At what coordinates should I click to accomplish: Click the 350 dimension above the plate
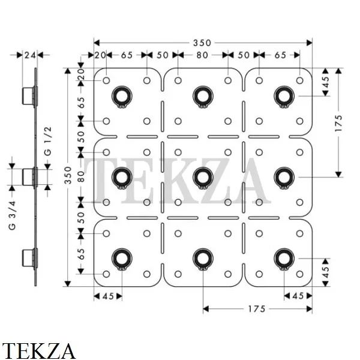point(202,43)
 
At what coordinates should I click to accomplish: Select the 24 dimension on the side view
point(31,55)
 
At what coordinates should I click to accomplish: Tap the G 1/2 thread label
point(48,141)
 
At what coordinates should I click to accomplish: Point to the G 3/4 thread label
point(12,215)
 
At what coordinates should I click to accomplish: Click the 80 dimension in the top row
point(202,55)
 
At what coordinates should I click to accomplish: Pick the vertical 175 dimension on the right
point(338,123)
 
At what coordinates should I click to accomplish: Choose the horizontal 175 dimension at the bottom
point(257,309)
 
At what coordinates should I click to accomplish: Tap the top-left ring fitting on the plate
point(122,97)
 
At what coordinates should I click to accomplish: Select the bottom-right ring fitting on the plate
point(284,259)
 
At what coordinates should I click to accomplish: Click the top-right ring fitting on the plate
point(284,97)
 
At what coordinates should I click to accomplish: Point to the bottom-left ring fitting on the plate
point(122,259)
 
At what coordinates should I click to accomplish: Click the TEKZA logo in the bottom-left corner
point(38,350)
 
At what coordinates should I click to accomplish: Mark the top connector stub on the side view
point(28,96)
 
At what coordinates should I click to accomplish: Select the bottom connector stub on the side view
point(28,258)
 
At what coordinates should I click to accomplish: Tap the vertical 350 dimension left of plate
point(68,175)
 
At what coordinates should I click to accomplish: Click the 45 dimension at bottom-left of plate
point(108,296)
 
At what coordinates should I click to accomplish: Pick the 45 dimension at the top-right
point(326,82)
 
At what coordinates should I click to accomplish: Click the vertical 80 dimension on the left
point(81,177)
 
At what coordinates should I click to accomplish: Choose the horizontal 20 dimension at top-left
point(100,55)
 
